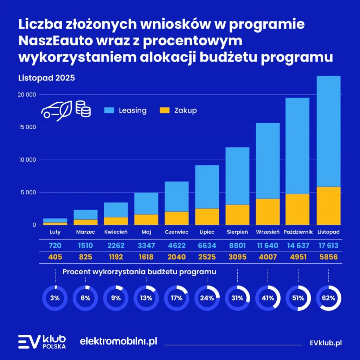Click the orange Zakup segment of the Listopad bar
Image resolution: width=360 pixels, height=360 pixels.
328,205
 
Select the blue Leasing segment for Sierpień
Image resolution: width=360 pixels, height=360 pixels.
237,176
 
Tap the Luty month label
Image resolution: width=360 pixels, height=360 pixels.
55,232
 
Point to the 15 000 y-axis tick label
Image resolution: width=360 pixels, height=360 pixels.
27,127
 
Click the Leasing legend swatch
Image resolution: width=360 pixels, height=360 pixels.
109,110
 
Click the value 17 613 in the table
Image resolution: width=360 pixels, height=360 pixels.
328,245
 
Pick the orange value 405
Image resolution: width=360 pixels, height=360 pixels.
55,257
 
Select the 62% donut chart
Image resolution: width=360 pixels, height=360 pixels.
328,298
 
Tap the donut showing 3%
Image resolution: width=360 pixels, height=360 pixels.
55,298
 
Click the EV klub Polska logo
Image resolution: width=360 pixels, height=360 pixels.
42,342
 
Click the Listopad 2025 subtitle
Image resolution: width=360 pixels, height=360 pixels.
46,78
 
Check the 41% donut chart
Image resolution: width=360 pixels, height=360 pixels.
268,298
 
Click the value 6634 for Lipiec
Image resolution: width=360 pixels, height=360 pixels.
207,245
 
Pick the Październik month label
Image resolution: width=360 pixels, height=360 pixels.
298,232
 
